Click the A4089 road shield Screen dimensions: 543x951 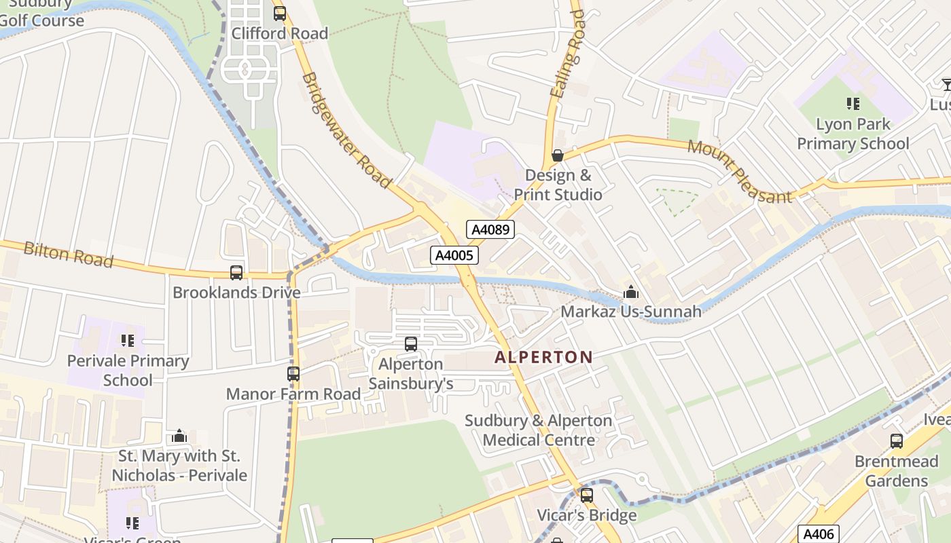(490, 229)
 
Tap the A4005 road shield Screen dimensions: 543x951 (454, 255)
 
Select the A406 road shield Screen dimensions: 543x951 (818, 534)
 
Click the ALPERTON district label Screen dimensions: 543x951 (543, 357)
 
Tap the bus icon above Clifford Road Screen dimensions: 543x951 (279, 14)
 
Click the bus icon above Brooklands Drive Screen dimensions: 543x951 (236, 273)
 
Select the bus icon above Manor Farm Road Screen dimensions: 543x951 (293, 374)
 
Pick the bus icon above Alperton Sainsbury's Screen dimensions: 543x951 (410, 344)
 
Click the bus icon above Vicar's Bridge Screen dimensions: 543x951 (586, 495)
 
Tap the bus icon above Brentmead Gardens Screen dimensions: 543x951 (896, 441)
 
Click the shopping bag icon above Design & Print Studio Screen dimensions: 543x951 (558, 155)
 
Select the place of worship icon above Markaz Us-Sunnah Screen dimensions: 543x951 (630, 292)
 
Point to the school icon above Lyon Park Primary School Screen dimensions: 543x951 (853, 104)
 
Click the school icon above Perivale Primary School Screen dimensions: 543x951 (127, 341)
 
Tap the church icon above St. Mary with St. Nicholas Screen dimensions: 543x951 (179, 436)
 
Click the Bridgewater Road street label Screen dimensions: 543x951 (346, 130)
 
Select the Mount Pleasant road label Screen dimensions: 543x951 (740, 172)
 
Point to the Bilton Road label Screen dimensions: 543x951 (68, 255)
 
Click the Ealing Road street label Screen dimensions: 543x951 (567, 54)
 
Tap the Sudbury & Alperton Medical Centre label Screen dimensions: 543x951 (538, 430)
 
